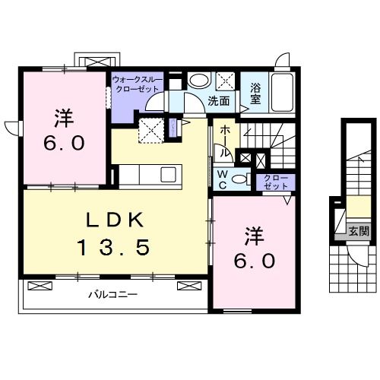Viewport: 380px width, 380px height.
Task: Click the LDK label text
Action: [116, 220]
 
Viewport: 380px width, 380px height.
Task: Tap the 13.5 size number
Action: [113, 247]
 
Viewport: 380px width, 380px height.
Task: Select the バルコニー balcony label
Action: [113, 295]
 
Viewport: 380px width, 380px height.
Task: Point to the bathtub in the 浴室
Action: [283, 93]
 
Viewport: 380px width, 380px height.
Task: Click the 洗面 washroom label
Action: [219, 101]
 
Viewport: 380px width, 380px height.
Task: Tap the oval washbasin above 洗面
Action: [200, 80]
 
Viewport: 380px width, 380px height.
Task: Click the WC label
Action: [223, 179]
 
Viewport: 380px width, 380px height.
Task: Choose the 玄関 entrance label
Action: [359, 231]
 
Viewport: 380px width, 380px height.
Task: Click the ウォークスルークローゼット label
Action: [138, 84]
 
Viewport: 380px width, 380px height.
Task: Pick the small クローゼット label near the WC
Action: [276, 182]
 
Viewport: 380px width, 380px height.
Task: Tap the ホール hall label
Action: [225, 142]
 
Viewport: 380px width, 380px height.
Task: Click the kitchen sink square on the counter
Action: [169, 174]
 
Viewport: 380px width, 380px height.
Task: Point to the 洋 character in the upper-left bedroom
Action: [64, 118]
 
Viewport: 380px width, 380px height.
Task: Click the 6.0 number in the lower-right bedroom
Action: [254, 261]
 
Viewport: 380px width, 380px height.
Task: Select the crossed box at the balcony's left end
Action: [40, 286]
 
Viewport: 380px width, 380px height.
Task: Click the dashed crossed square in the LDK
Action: [151, 131]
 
